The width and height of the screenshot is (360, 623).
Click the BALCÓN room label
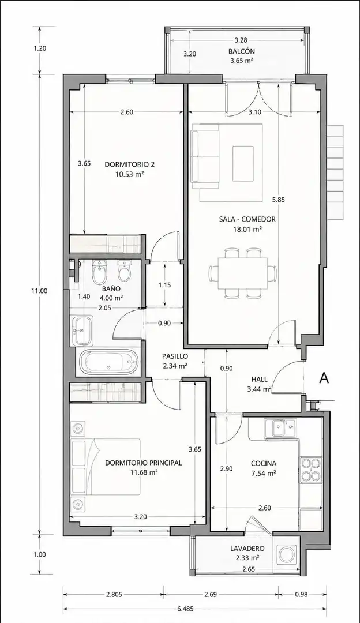[x=241, y=51]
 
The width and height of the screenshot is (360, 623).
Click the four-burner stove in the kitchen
[x=311, y=470]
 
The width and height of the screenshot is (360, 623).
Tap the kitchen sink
[x=284, y=429]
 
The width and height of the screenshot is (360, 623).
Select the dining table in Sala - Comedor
[x=243, y=273]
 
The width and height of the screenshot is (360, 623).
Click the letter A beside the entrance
[x=324, y=378]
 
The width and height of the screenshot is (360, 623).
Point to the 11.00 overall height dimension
[x=39, y=290]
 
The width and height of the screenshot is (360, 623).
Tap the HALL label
[x=259, y=380]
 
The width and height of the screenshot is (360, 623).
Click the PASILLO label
[x=175, y=356]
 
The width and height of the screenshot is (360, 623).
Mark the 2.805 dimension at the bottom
[x=114, y=595]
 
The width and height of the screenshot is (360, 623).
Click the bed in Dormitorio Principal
[x=106, y=467]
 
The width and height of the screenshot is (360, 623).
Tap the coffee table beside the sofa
[x=243, y=163]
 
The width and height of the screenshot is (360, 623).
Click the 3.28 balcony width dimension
[x=241, y=40]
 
